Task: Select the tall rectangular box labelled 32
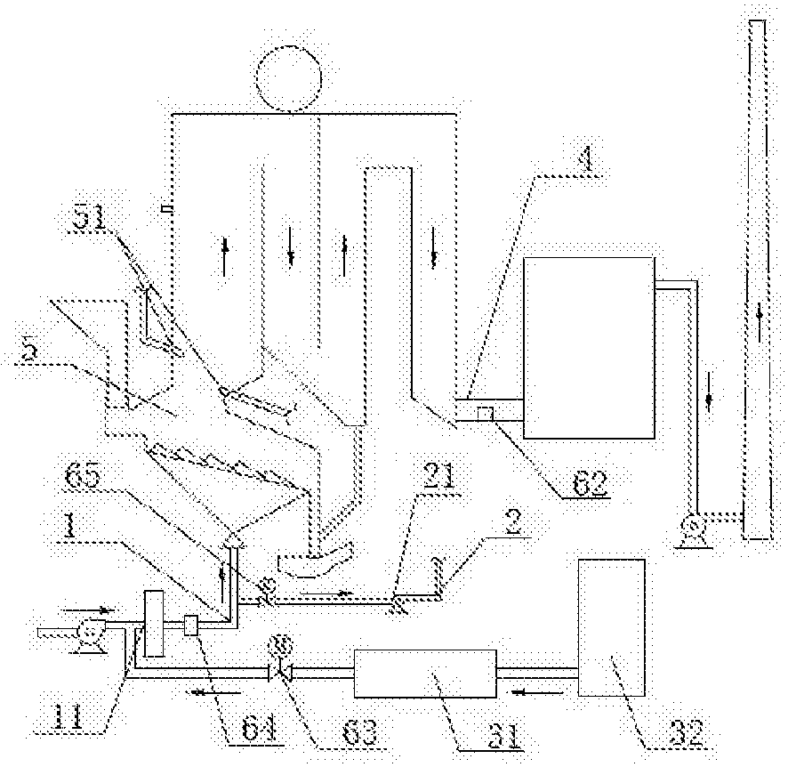(x=611, y=627)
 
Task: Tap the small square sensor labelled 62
(x=486, y=413)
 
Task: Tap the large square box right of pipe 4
(x=588, y=347)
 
